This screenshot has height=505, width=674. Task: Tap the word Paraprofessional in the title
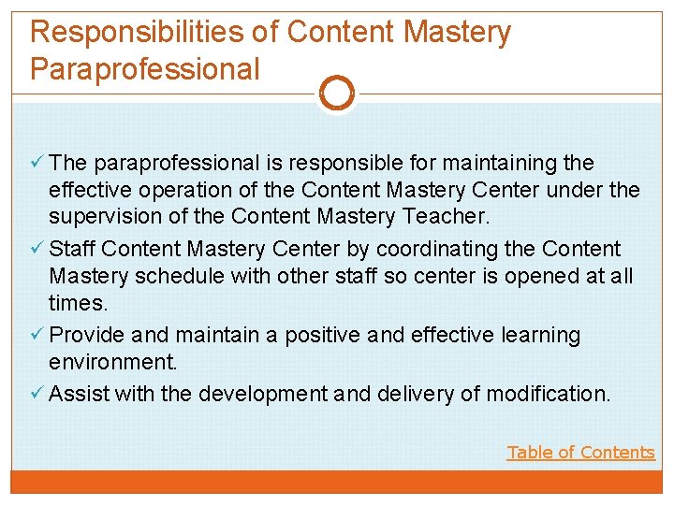(x=145, y=69)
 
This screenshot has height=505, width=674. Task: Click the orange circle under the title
(x=337, y=94)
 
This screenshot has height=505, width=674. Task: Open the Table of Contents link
(x=580, y=453)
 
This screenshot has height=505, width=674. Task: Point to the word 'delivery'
(x=417, y=394)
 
